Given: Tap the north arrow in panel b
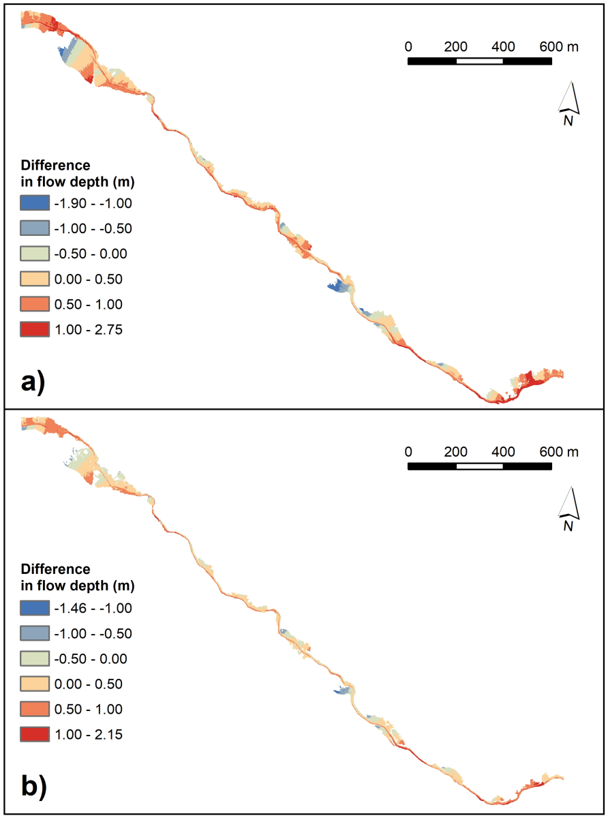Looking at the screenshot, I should click(569, 506).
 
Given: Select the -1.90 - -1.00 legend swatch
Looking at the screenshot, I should click(35, 203).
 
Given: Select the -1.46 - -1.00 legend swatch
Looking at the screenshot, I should click(35, 608).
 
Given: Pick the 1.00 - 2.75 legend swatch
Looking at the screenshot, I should click(35, 329).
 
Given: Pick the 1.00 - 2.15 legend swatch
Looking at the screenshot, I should click(35, 734).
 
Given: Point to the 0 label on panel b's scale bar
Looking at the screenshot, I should click(408, 451).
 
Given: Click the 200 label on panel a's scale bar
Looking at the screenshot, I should click(455, 47).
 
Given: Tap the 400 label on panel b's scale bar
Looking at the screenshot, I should click(503, 451).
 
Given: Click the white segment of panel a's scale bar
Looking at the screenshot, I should click(479, 61).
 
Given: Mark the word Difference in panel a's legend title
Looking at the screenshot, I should click(55, 165).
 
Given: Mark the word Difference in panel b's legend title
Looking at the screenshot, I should click(55, 569).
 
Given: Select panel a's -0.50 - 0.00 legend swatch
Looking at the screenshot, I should click(35, 254).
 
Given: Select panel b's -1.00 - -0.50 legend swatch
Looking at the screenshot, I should click(35, 633).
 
